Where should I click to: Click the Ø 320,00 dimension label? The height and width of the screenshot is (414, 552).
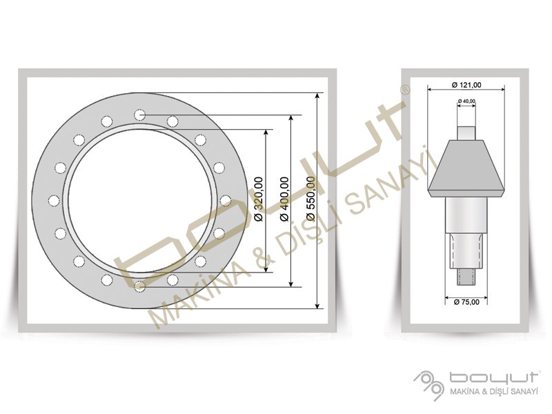[x=258, y=199]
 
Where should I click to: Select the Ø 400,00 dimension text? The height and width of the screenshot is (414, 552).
[x=284, y=199]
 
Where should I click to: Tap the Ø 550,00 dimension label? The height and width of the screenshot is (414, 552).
[x=310, y=199]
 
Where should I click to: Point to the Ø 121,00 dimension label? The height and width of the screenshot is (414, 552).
[x=466, y=85]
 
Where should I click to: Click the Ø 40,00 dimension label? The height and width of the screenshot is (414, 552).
[x=466, y=101]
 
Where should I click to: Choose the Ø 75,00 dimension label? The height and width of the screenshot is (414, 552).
[x=466, y=302]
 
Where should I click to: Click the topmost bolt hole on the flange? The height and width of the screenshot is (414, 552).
[x=140, y=115]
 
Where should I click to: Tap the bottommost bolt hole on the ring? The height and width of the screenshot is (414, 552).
[x=140, y=286]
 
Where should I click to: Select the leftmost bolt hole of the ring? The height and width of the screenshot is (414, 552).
[x=54, y=201]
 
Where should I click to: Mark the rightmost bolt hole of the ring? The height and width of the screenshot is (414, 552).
[x=226, y=201]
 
